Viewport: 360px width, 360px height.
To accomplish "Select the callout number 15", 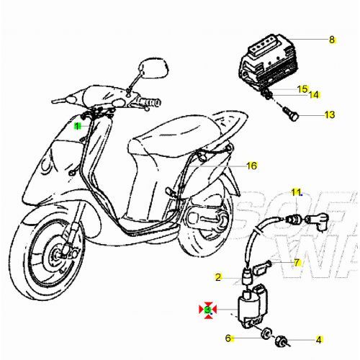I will click(303, 89).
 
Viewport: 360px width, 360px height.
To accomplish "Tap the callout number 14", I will click(315, 95).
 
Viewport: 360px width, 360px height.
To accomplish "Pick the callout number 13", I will click(329, 114).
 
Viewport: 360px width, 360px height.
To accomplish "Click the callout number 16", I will click(251, 166).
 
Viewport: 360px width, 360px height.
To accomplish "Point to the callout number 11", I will click(295, 192).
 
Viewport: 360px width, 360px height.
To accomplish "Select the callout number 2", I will click(217, 276).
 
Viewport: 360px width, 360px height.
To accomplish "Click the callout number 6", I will click(228, 338).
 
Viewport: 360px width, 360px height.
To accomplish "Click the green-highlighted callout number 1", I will click(78, 126).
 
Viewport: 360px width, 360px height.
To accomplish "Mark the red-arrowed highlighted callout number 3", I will click(207, 310).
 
